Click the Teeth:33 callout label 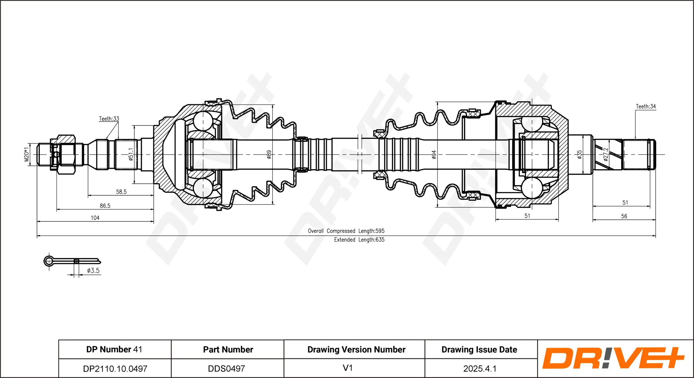pos(109,119)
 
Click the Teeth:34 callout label pos(646,106)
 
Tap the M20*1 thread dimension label pos(27,154)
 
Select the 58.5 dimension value pos(121,192)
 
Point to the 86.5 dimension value pos(105,206)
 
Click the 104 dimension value pos(95,218)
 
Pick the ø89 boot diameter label pos(269,154)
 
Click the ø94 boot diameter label pos(434,154)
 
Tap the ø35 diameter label pos(579,154)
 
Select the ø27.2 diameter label pos(606,154)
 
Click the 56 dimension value pos(624,216)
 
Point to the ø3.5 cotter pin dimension pos(93,270)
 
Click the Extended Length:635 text pos(359,240)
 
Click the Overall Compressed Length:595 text pos(346,231)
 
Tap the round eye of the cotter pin pos(49,261)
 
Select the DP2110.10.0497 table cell pos(115,369)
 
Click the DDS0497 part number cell pos(227,369)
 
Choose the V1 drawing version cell pos(348,368)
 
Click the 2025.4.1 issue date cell pos(480,369)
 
